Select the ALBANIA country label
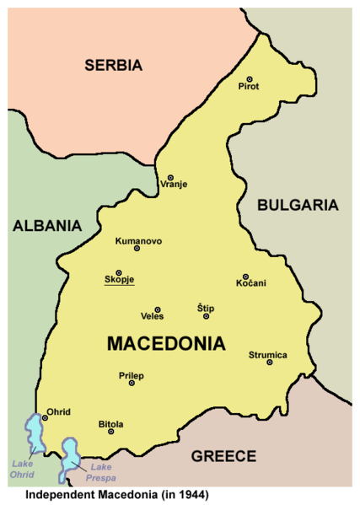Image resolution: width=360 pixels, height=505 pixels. [46, 225]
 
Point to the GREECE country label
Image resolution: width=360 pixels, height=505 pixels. [223, 456]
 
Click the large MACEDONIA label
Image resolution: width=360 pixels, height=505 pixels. [167, 344]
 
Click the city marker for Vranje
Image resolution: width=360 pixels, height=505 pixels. [170, 177]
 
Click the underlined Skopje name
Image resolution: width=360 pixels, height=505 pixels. [119, 281]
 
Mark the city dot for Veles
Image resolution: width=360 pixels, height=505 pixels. [157, 309]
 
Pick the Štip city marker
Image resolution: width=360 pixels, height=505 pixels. [205, 316]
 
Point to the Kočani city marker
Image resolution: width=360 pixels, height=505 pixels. [245, 277]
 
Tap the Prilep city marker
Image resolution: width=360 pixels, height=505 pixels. [132, 383]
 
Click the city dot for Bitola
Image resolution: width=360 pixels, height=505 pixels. [110, 431]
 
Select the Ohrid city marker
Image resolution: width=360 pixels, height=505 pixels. [46, 417]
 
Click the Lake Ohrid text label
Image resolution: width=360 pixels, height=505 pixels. [23, 469]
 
